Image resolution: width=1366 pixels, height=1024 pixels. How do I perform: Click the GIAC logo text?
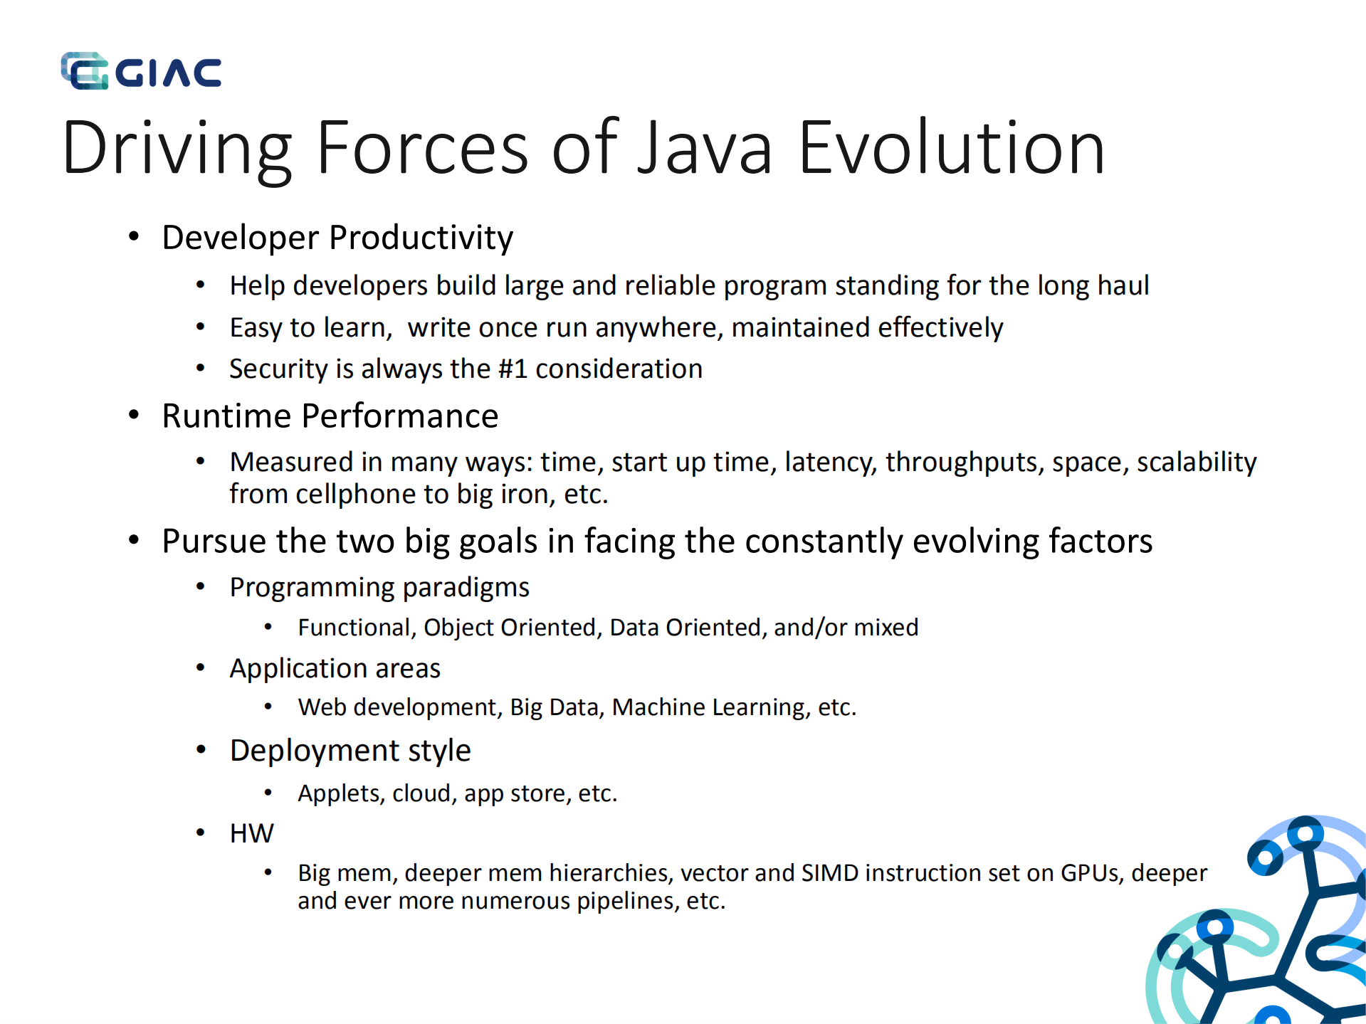tap(168, 73)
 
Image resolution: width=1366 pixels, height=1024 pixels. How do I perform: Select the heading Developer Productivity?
tap(337, 238)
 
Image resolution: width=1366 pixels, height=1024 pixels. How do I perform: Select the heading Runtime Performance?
tap(330, 416)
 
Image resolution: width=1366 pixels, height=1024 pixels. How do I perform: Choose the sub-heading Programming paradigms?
tap(379, 588)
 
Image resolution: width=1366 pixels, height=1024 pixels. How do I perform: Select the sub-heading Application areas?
tap(335, 669)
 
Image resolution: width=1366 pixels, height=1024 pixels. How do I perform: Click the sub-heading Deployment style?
tap(350, 751)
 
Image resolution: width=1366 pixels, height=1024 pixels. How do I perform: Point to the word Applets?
tap(339, 793)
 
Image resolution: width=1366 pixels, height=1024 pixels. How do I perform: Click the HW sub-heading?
tap(251, 833)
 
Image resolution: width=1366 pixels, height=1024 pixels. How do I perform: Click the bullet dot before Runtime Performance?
tap(134, 416)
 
